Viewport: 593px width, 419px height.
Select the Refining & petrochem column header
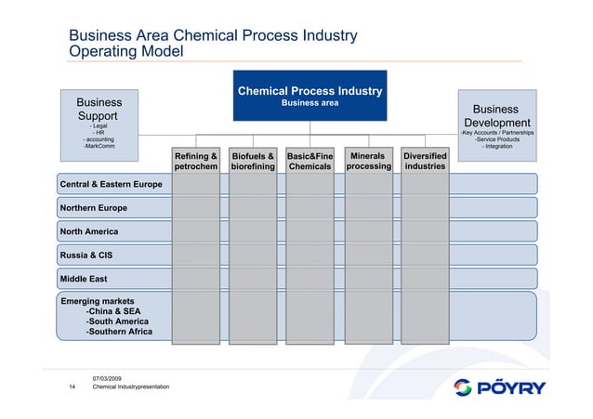(196, 161)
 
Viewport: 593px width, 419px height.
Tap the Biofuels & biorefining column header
(253, 161)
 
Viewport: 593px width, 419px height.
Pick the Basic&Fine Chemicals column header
(310, 161)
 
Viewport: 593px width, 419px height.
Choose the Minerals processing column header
(368, 161)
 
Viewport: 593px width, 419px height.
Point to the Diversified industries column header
(425, 161)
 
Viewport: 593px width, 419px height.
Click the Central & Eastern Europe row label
(111, 184)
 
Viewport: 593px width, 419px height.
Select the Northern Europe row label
(93, 207)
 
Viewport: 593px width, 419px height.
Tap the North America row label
(89, 230)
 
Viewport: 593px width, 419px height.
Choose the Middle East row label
(85, 278)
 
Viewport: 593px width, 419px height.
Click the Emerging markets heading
(98, 301)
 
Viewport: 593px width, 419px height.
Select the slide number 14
(72, 386)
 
